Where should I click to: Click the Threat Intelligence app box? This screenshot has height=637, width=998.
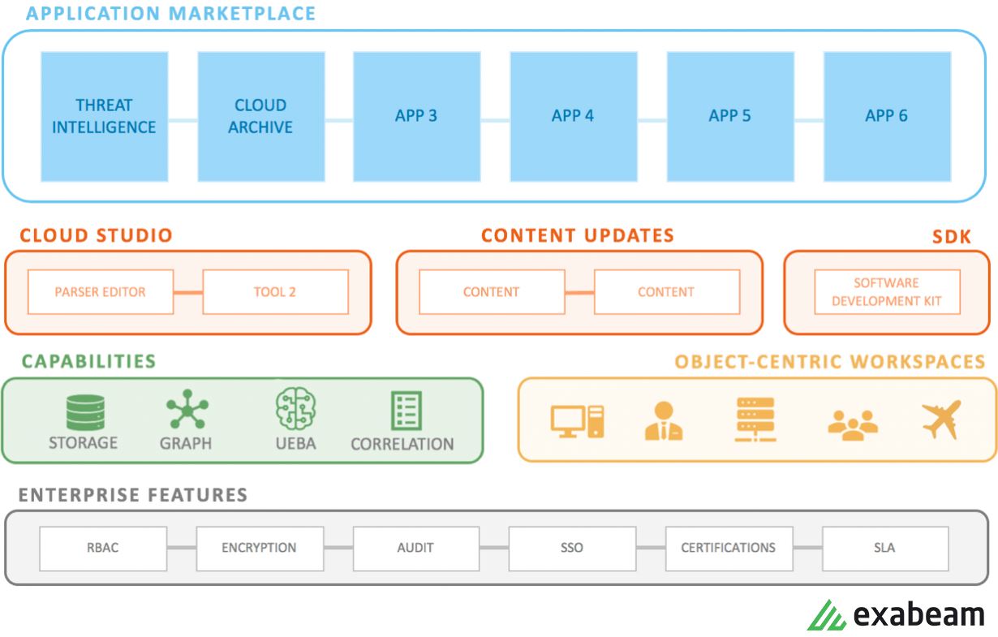click(104, 116)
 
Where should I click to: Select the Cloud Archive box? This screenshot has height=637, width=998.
click(260, 116)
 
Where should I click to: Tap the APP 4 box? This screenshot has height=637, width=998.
click(572, 116)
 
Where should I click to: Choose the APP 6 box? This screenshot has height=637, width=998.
click(886, 116)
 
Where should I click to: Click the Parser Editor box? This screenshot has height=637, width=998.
click(101, 292)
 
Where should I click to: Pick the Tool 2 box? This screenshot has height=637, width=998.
click(275, 292)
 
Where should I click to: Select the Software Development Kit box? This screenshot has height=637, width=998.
click(886, 292)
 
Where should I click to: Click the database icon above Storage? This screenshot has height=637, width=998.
click(85, 412)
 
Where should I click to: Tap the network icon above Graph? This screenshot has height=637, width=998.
click(187, 410)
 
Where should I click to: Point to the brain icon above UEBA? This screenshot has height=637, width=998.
click(295, 408)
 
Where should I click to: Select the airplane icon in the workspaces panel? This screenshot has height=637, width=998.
click(941, 420)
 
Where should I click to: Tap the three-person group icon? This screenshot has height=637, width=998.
click(853, 423)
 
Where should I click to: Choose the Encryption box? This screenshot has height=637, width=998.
click(259, 548)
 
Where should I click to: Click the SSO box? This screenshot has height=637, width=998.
click(571, 548)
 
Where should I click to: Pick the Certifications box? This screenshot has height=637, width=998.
click(728, 548)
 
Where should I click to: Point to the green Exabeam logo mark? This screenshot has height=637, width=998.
click(827, 615)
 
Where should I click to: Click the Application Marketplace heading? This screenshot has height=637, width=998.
click(171, 14)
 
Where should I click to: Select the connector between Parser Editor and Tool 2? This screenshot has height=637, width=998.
click(188, 292)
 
